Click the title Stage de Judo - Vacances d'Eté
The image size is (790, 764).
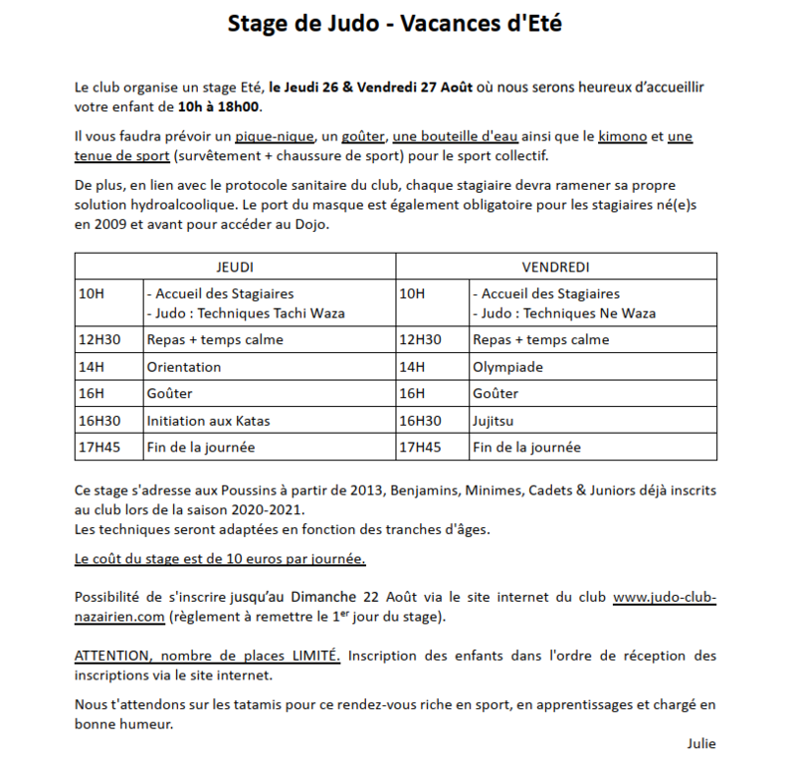(395, 24)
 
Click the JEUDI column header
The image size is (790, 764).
(235, 268)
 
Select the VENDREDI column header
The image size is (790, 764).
(556, 268)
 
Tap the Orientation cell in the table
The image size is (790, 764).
(184, 367)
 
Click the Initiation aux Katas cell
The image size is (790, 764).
(208, 421)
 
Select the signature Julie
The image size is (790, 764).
(700, 743)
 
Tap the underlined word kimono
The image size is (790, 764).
(623, 135)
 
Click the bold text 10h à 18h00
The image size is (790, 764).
(220, 106)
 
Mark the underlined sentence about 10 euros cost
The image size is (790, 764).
(220, 559)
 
